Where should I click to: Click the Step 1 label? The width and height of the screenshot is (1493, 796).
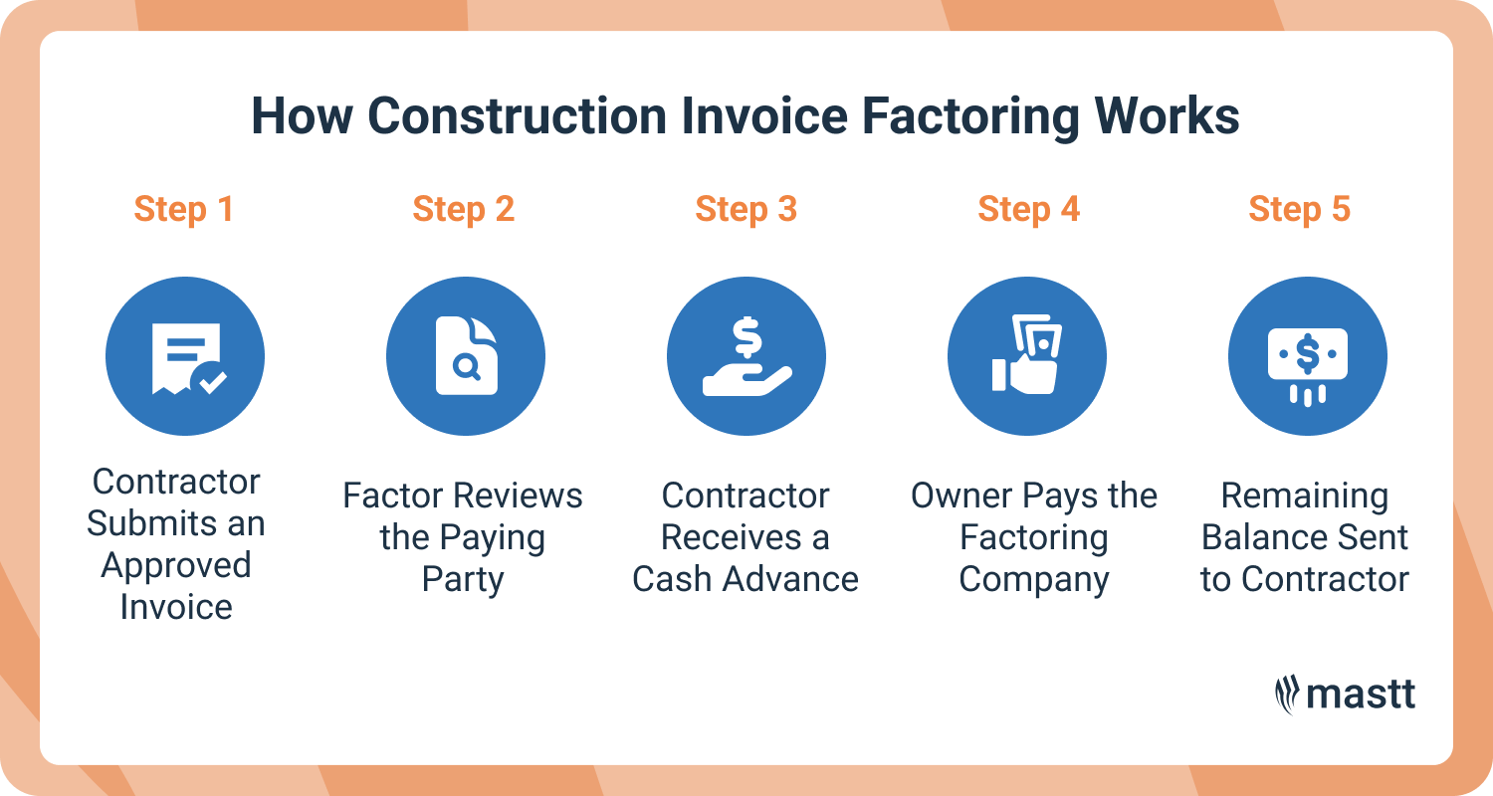click(x=183, y=210)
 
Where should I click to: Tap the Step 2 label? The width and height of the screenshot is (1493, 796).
click(x=464, y=210)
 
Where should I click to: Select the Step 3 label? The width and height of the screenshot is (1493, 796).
click(x=746, y=210)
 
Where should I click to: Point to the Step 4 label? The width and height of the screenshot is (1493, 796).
click(x=1028, y=210)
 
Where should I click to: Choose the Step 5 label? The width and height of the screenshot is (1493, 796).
click(x=1299, y=210)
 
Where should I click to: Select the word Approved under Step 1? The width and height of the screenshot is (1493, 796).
click(x=176, y=565)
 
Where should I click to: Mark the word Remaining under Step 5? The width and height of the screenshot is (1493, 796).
click(x=1305, y=496)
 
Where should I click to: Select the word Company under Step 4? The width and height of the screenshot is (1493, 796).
click(x=1034, y=579)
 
